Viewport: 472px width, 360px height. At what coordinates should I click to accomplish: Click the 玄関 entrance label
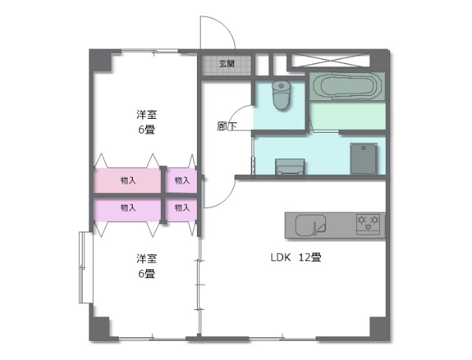tap(226, 64)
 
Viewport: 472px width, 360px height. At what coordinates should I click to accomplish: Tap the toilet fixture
tap(281, 94)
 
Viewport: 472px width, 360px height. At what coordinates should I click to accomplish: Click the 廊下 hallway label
tap(226, 126)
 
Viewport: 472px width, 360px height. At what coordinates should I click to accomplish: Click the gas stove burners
tap(368, 224)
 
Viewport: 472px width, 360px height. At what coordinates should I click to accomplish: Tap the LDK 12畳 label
tap(295, 258)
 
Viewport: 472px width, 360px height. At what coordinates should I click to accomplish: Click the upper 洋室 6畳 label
tap(146, 122)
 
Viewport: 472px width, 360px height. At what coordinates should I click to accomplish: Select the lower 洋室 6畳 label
tap(145, 266)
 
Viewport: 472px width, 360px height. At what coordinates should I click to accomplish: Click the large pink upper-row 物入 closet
tap(127, 181)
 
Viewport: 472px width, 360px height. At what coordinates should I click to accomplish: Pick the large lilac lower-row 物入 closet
tap(127, 208)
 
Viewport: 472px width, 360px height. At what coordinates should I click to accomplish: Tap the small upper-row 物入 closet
tap(181, 181)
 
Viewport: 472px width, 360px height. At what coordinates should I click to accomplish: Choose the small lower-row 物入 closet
tap(181, 208)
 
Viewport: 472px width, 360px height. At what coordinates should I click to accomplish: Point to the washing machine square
tap(364, 158)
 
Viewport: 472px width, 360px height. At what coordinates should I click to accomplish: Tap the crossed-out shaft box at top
tap(336, 61)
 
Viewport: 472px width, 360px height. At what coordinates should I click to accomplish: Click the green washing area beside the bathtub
tap(347, 117)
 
